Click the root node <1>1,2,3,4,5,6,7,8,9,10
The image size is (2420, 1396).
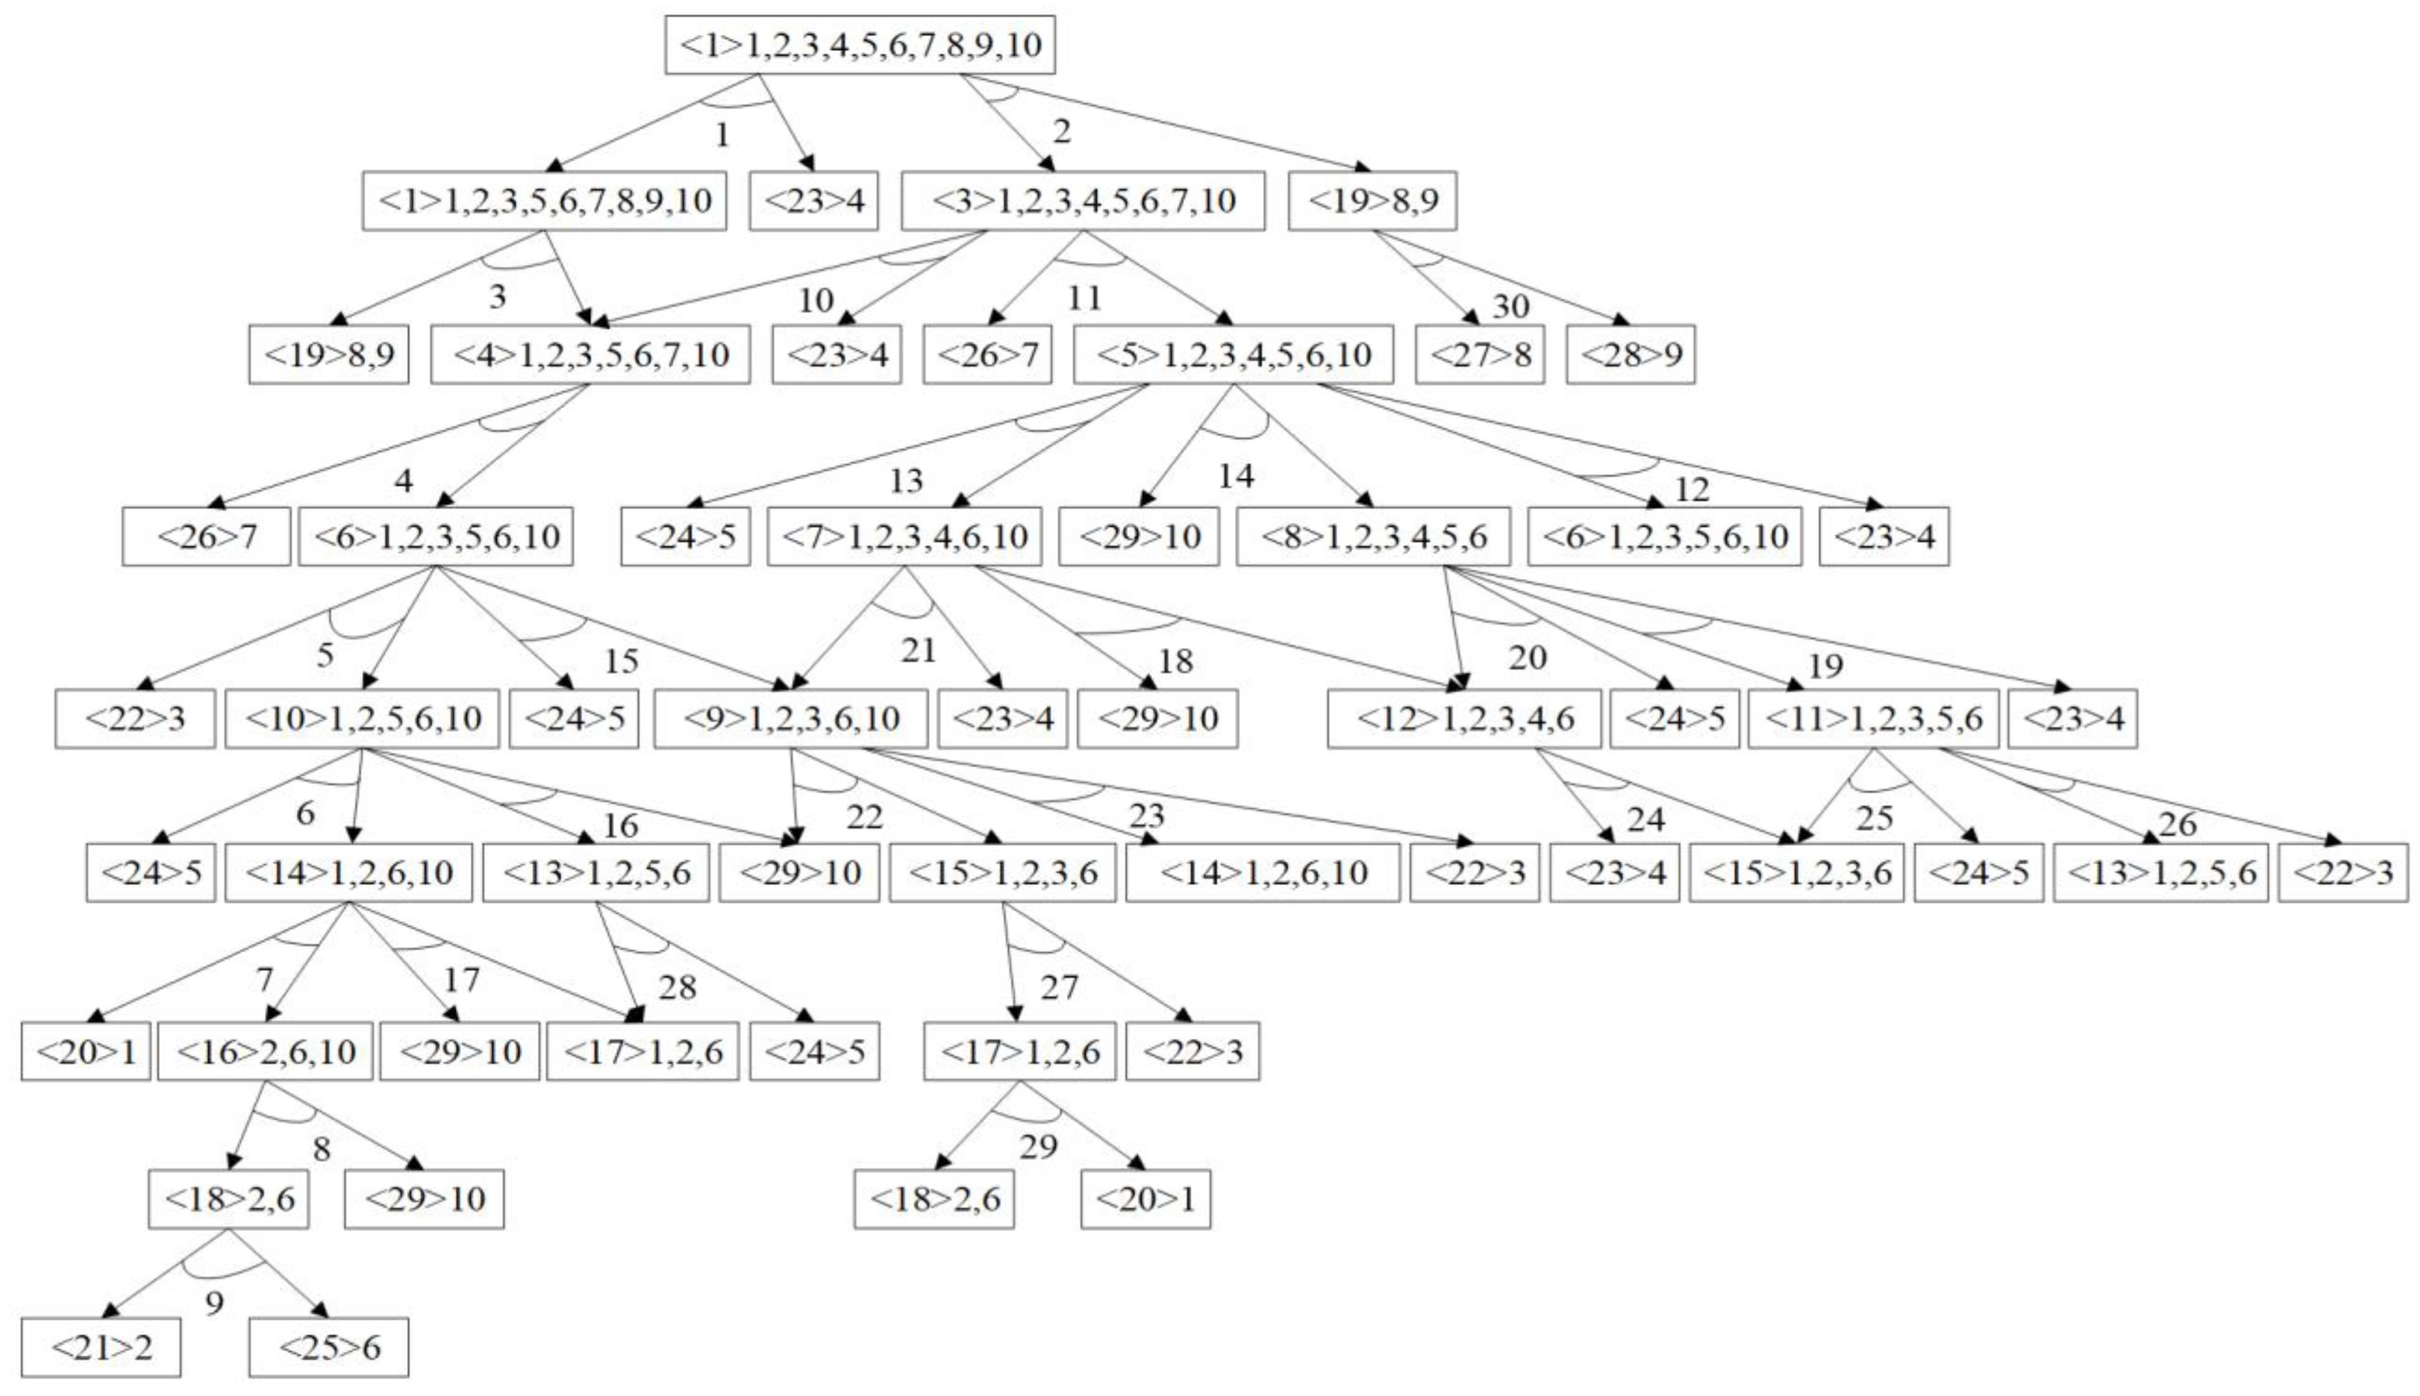pyautogui.click(x=860, y=45)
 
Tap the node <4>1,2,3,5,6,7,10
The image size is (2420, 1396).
pyautogui.click(x=589, y=355)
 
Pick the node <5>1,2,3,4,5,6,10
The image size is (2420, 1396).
pyautogui.click(x=1233, y=355)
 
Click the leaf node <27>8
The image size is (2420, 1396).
pyautogui.click(x=1480, y=355)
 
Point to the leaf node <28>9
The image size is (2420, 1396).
pyautogui.click(x=1630, y=355)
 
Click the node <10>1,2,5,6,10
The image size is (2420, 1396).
pyautogui.click(x=362, y=719)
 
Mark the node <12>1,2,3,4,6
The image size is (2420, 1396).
pyautogui.click(x=1463, y=719)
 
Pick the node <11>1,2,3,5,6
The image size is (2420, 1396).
pyautogui.click(x=1872, y=719)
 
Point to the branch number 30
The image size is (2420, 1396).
pyautogui.click(x=1510, y=306)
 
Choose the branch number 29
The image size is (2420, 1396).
pyautogui.click(x=1038, y=1146)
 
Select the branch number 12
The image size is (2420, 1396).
pyautogui.click(x=1691, y=489)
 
